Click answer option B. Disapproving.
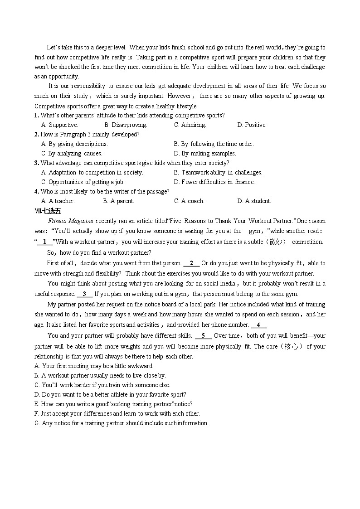pyautogui.click(x=126, y=125)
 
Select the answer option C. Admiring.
pyautogui.click(x=190, y=125)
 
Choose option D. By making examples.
pyautogui.click(x=205, y=153)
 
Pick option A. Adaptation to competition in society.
pyautogui.click(x=92, y=172)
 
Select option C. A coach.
pyautogui.click(x=189, y=201)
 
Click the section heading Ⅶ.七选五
pyautogui.click(x=48, y=211)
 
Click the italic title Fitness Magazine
pyautogui.click(x=70, y=221)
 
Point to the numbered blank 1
pyautogui.click(x=45, y=242)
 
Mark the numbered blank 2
pyautogui.click(x=191, y=263)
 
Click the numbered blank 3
pyautogui.click(x=84, y=294)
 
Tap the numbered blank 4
pyautogui.click(x=258, y=325)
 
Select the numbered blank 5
pyautogui.click(x=204, y=335)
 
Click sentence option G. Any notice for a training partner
pyautogui.click(x=121, y=423)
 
